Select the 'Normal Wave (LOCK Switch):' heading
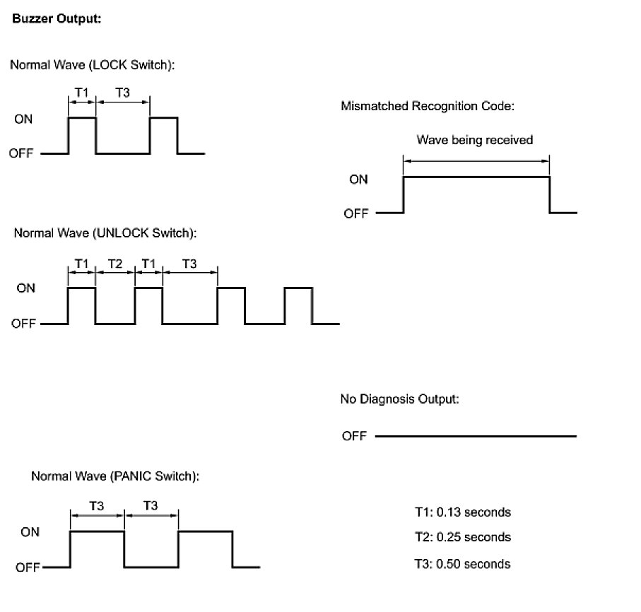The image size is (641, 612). coord(92,65)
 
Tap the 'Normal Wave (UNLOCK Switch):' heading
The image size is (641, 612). coord(105,233)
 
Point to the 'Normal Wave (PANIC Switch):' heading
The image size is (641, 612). coord(115,476)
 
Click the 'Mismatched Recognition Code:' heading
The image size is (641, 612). coord(428,107)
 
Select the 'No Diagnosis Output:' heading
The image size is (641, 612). coord(400,399)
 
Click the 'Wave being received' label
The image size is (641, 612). coord(474,140)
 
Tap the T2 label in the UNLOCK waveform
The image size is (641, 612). coord(115,264)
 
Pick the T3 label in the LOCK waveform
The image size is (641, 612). coord(123,92)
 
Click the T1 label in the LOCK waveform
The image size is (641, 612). coord(81,92)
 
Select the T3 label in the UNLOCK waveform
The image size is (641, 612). coord(189,264)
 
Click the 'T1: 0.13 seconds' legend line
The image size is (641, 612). coord(462,512)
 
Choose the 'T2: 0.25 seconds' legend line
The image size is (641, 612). coord(462,537)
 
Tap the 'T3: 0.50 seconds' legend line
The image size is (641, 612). coord(462,563)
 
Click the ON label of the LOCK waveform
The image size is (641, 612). coord(23,119)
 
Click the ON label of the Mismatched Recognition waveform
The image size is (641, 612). coord(358,180)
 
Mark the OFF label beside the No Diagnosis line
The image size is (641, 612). coord(354,436)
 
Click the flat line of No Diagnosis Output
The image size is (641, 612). coord(476,436)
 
